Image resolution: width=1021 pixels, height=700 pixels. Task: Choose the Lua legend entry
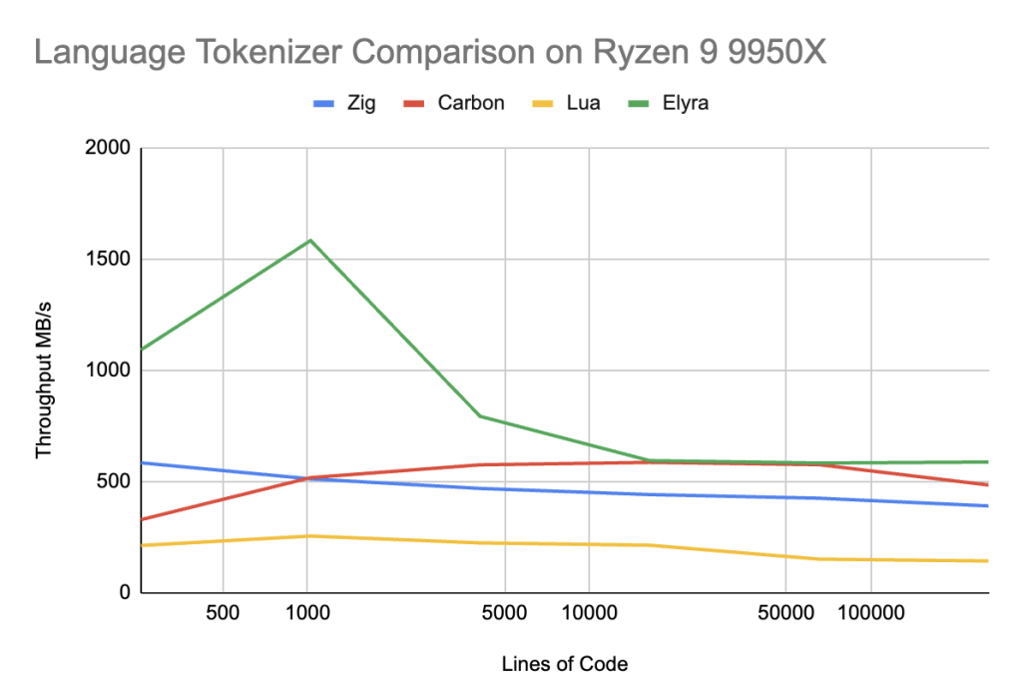582,103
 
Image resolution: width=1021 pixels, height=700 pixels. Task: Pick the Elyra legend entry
684,103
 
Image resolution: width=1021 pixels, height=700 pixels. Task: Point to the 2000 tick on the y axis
109,148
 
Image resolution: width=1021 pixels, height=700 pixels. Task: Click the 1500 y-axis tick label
109,260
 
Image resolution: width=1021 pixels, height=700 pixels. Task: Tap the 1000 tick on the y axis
109,370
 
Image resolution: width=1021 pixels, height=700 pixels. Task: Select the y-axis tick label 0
125,593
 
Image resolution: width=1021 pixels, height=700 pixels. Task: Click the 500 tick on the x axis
223,611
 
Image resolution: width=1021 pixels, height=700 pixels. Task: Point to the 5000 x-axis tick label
504,611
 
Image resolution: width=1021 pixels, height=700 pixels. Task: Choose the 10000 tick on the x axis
588,611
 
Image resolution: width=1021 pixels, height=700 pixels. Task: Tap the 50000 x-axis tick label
785,611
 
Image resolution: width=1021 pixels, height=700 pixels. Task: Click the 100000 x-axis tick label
871,611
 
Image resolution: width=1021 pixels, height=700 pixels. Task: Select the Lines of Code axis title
565,663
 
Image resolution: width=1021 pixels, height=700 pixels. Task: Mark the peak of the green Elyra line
309,241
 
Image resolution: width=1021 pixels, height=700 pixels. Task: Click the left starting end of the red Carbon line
143,519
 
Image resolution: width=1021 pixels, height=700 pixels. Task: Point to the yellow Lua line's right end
987,561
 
